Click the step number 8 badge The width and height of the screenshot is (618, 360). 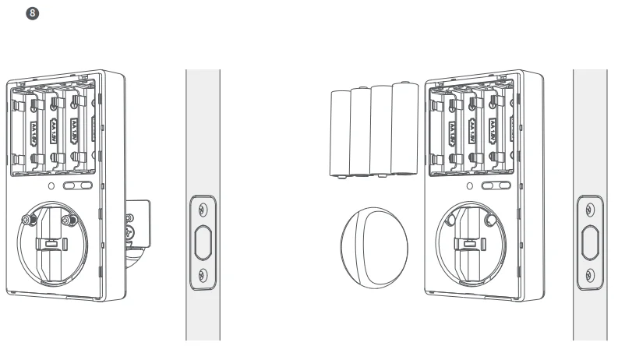(31, 15)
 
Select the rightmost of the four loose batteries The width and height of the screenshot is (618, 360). (405, 129)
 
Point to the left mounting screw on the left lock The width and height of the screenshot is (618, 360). (29, 221)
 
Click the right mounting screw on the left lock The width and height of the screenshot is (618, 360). (72, 221)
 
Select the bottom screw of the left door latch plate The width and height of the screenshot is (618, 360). (203, 274)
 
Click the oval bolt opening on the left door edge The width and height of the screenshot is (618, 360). (203, 242)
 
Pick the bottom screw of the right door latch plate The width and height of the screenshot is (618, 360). (590, 274)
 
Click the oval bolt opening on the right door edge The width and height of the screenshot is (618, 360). (590, 242)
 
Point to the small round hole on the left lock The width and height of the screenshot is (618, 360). (51, 186)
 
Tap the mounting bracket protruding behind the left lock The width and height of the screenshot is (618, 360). (137, 226)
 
